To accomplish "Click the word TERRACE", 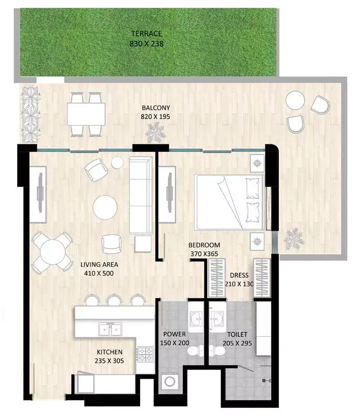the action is click(x=147, y=34).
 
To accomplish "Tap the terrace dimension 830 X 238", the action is click(x=147, y=44).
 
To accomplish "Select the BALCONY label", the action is click(x=156, y=108).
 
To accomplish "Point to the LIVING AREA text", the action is click(x=99, y=265).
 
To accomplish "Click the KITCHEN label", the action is click(x=110, y=352).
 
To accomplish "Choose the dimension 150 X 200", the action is click(x=174, y=343).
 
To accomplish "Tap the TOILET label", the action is click(x=237, y=334).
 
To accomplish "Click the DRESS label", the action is click(x=239, y=275).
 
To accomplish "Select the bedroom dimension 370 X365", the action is click(x=204, y=254).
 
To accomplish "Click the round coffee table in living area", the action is click(x=105, y=208).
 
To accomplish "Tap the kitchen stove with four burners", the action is click(x=145, y=354).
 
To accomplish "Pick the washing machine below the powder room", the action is click(x=170, y=382).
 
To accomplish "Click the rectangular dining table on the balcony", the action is click(x=86, y=114).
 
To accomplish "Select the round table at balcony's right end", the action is click(x=295, y=100).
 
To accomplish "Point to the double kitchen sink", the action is click(x=110, y=329).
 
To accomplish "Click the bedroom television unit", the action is click(x=167, y=194).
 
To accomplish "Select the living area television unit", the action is click(x=38, y=194).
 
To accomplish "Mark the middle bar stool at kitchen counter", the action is click(x=115, y=300).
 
